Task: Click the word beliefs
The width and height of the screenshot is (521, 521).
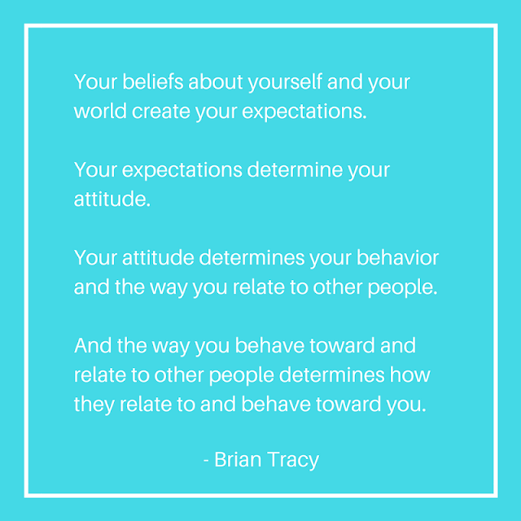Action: coord(152,81)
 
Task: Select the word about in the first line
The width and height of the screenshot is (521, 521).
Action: coord(216,81)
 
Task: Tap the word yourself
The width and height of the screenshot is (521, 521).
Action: coord(285,82)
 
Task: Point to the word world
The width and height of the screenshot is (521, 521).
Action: coord(100,111)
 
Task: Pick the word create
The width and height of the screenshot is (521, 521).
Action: coord(161,112)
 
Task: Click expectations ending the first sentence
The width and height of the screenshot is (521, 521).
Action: coord(304,112)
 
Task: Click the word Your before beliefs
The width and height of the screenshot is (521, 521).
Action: coord(95,81)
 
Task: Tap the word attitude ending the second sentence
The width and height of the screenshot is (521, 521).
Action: coord(112,199)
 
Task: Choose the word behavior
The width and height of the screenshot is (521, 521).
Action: coord(398,257)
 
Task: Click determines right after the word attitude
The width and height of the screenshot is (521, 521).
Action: coord(252,257)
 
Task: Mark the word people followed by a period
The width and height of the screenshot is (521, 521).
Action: coord(403,287)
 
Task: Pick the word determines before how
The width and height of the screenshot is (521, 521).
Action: coord(331,374)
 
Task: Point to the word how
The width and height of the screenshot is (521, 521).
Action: coord(410,374)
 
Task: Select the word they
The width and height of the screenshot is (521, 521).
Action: coord(94,405)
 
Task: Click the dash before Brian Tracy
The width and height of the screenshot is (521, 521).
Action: coord(206,461)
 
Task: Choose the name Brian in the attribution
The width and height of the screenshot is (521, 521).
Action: coord(238,459)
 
